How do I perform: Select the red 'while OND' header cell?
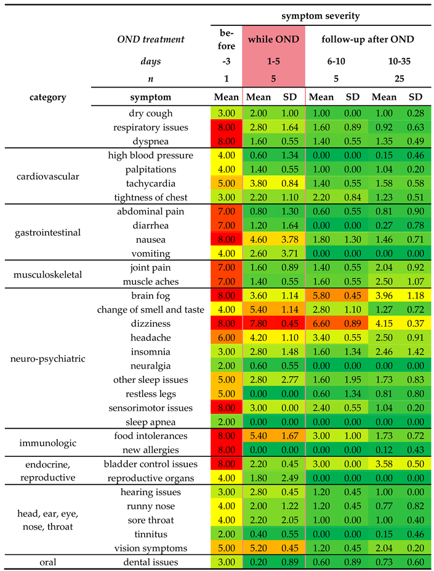coord(273,39)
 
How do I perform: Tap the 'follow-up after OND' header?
coord(368,39)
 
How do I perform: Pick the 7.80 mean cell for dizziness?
coord(259,324)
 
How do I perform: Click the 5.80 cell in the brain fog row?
coord(321,295)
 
